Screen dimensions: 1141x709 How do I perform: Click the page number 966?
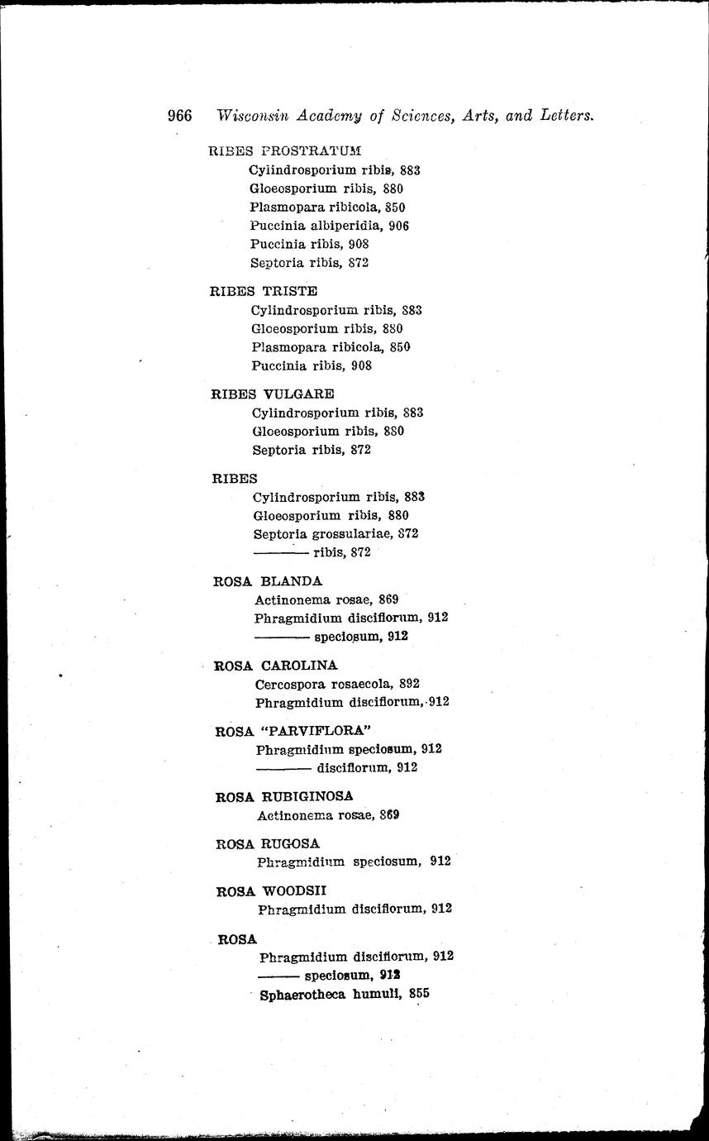(179, 116)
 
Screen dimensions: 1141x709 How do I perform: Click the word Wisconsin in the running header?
(253, 117)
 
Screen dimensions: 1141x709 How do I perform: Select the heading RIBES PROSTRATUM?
(286, 150)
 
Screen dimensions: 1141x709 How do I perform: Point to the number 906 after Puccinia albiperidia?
(398, 226)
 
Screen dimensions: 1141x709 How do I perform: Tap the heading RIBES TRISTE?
(264, 291)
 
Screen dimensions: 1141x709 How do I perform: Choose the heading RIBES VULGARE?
(273, 394)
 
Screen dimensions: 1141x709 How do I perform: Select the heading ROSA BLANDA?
(268, 580)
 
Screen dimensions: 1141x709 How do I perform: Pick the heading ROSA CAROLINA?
(275, 666)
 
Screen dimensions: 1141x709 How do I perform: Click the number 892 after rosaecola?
(409, 684)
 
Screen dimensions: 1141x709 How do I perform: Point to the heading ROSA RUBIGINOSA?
(284, 796)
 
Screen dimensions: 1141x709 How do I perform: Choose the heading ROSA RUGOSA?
(267, 843)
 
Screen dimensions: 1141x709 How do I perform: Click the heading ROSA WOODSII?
(271, 891)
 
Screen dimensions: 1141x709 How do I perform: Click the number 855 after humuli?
(419, 994)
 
